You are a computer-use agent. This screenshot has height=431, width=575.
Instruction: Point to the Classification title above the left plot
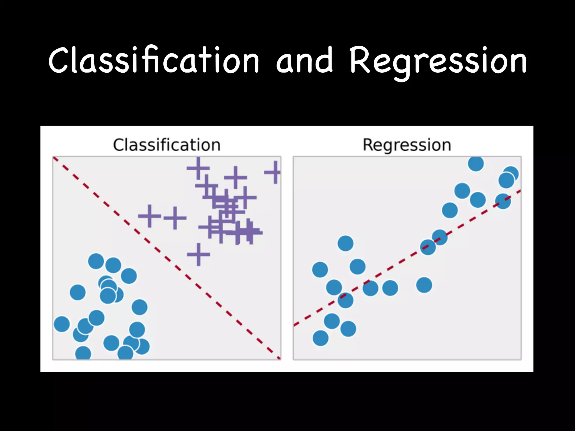tap(166, 145)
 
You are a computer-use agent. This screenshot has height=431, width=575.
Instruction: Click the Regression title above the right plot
tap(407, 145)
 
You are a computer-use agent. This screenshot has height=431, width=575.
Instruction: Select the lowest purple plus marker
tap(198, 254)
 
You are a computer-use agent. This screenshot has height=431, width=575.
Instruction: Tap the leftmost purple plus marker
tap(149, 216)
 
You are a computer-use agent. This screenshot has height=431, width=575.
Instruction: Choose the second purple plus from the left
tap(175, 218)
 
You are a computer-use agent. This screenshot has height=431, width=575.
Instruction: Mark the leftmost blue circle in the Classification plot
tap(62, 324)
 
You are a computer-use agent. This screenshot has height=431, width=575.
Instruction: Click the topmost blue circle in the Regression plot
tap(476, 163)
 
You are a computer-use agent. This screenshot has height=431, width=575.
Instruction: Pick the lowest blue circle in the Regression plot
tap(321, 338)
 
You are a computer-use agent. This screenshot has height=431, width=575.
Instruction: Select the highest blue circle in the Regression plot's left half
tap(345, 243)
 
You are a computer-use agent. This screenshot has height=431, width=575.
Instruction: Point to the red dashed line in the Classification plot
tap(167, 258)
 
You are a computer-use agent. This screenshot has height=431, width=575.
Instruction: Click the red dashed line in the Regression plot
tap(407, 258)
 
